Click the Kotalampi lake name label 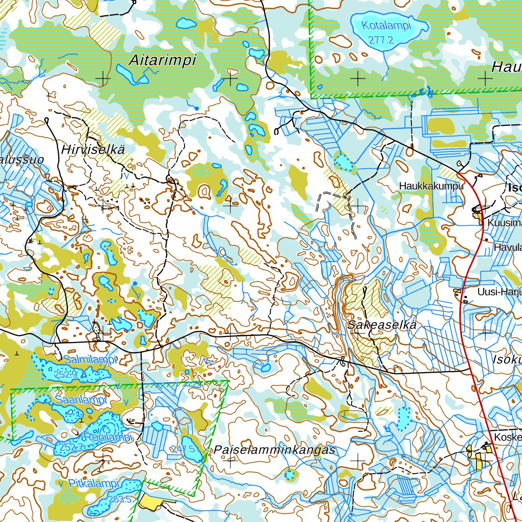386,26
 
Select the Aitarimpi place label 162,60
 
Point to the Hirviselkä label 93,149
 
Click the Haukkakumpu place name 432,186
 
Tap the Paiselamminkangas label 274,450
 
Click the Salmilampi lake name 90,360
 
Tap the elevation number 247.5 184,449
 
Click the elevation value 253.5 120,500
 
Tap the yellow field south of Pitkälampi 151,502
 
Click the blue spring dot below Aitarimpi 196,108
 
